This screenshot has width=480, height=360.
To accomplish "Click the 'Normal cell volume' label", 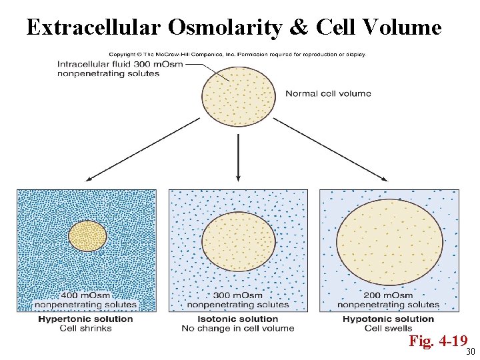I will click(328, 93).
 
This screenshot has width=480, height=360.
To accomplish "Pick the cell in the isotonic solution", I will click(238, 241).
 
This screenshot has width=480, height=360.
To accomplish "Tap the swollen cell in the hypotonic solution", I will click(389, 241).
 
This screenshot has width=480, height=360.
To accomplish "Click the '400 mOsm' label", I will click(85, 295).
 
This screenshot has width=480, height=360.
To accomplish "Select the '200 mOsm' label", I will click(388, 295).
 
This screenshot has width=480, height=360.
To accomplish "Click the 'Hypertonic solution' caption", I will click(85, 319).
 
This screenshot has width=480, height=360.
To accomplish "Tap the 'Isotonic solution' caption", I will click(237, 319).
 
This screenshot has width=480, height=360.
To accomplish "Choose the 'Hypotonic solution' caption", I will click(388, 319).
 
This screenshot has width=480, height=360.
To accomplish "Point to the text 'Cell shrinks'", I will click(85, 328).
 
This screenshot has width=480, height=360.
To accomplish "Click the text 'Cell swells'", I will click(388, 328).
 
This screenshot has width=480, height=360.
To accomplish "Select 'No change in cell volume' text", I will click(237, 328).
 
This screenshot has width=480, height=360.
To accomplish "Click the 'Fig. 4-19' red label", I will click(437, 342).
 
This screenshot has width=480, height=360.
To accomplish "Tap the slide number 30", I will click(470, 352).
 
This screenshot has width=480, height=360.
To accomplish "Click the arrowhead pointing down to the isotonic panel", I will click(238, 177).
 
